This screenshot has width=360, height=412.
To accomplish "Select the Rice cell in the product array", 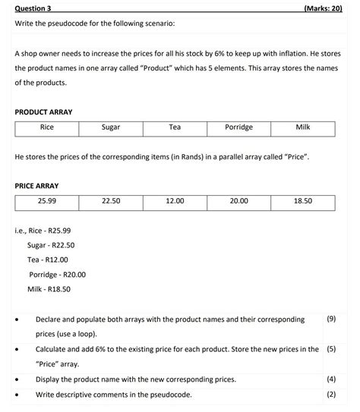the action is click(46, 127).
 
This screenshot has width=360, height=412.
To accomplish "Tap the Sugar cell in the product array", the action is click(111, 127).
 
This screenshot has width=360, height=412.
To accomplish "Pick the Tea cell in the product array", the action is click(175, 127).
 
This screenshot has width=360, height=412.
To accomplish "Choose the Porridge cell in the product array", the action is click(238, 127).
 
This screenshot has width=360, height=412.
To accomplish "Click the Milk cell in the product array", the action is click(302, 127).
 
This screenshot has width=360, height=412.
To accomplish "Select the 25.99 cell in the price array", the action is click(46, 201).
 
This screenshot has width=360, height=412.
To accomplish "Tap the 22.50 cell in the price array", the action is click(111, 201).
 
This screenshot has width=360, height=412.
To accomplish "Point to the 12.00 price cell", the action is click(175, 201).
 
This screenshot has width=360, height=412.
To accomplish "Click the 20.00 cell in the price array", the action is click(238, 201).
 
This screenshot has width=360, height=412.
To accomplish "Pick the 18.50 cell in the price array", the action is click(302, 201).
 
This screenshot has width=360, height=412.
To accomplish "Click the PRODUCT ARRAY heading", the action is click(43, 112).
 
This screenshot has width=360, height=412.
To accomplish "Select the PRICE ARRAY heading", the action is click(36, 186).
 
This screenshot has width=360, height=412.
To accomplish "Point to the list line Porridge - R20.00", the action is click(58, 275).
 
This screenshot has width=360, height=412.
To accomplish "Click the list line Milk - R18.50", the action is click(49, 289).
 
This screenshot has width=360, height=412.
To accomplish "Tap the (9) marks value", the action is click(330, 319).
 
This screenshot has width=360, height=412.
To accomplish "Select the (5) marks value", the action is click(330, 349).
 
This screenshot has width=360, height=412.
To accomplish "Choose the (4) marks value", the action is click(330, 379).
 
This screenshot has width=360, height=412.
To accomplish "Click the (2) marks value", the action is click(330, 394).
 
